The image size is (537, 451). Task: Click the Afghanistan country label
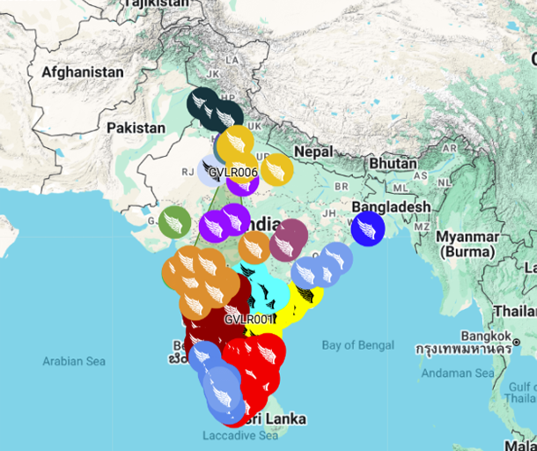pos(82,71)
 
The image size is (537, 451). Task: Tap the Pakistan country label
pos(136,128)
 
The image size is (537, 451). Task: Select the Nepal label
pos(313,152)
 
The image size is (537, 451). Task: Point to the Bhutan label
pos(393,164)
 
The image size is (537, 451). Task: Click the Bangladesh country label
pos(391,207)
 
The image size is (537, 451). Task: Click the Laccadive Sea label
pos(239,436)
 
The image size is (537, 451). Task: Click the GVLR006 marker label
pos(232,172)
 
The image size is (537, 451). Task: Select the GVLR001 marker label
pos(250,318)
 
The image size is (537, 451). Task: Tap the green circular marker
pos(174,222)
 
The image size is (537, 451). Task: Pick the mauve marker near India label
pos(288,240)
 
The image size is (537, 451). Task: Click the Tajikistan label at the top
pos(158,4)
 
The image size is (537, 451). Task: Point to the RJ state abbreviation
pos(187,173)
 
